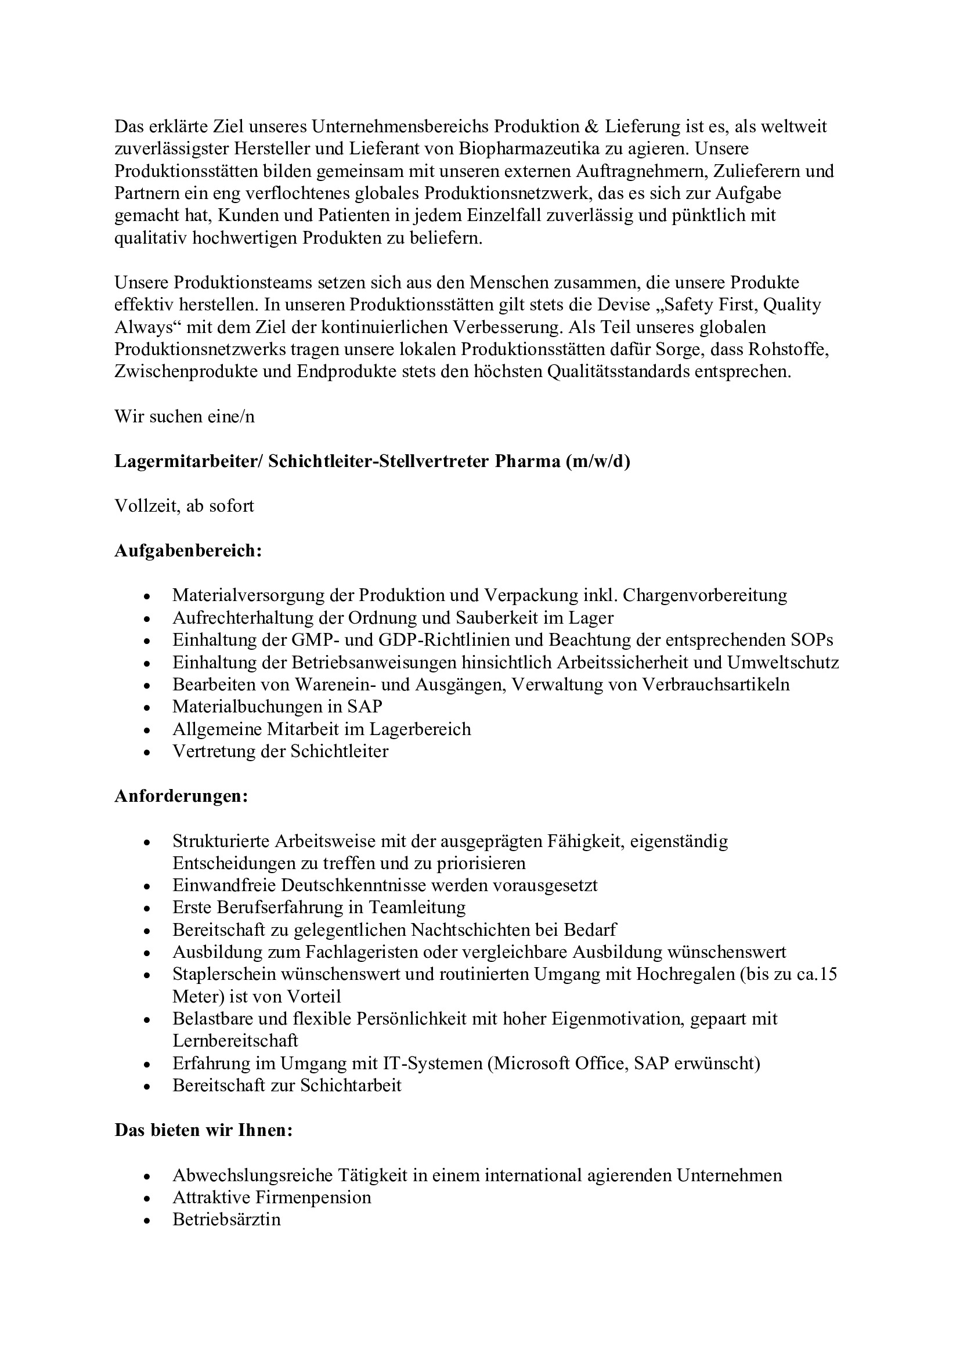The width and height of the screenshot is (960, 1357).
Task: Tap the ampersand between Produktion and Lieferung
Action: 591,127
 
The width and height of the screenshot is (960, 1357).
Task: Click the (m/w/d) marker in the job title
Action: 598,462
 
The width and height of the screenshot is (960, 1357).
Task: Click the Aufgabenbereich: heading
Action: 188,551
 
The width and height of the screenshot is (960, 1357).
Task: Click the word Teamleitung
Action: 417,907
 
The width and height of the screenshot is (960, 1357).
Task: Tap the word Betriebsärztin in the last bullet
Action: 226,1220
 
